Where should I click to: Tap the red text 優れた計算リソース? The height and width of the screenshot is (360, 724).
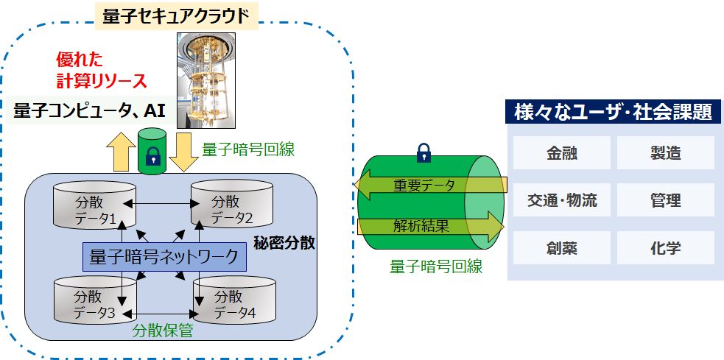click(x=102, y=69)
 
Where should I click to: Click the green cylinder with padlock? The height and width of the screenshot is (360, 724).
click(x=152, y=151)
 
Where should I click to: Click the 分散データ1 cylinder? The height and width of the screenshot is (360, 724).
click(x=94, y=208)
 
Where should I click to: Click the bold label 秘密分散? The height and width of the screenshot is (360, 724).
click(x=284, y=243)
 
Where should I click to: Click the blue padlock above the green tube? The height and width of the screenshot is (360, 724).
click(x=423, y=152)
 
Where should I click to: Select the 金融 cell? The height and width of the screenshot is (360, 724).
click(x=561, y=153)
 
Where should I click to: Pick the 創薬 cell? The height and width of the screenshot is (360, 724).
click(x=561, y=247)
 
